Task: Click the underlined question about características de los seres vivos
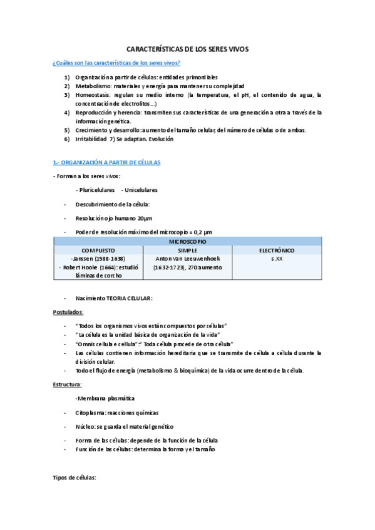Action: (116, 63)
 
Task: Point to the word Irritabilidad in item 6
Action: (93, 139)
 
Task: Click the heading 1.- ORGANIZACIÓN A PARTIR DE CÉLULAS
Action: (106, 162)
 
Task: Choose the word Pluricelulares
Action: (95, 189)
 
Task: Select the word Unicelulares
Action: (141, 189)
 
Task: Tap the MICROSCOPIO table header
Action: (188, 241)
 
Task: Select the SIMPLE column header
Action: (188, 249)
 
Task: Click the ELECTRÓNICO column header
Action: (277, 249)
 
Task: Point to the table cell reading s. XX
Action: (277, 257)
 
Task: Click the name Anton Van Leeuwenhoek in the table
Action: (188, 257)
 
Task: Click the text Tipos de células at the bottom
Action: (74, 477)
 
